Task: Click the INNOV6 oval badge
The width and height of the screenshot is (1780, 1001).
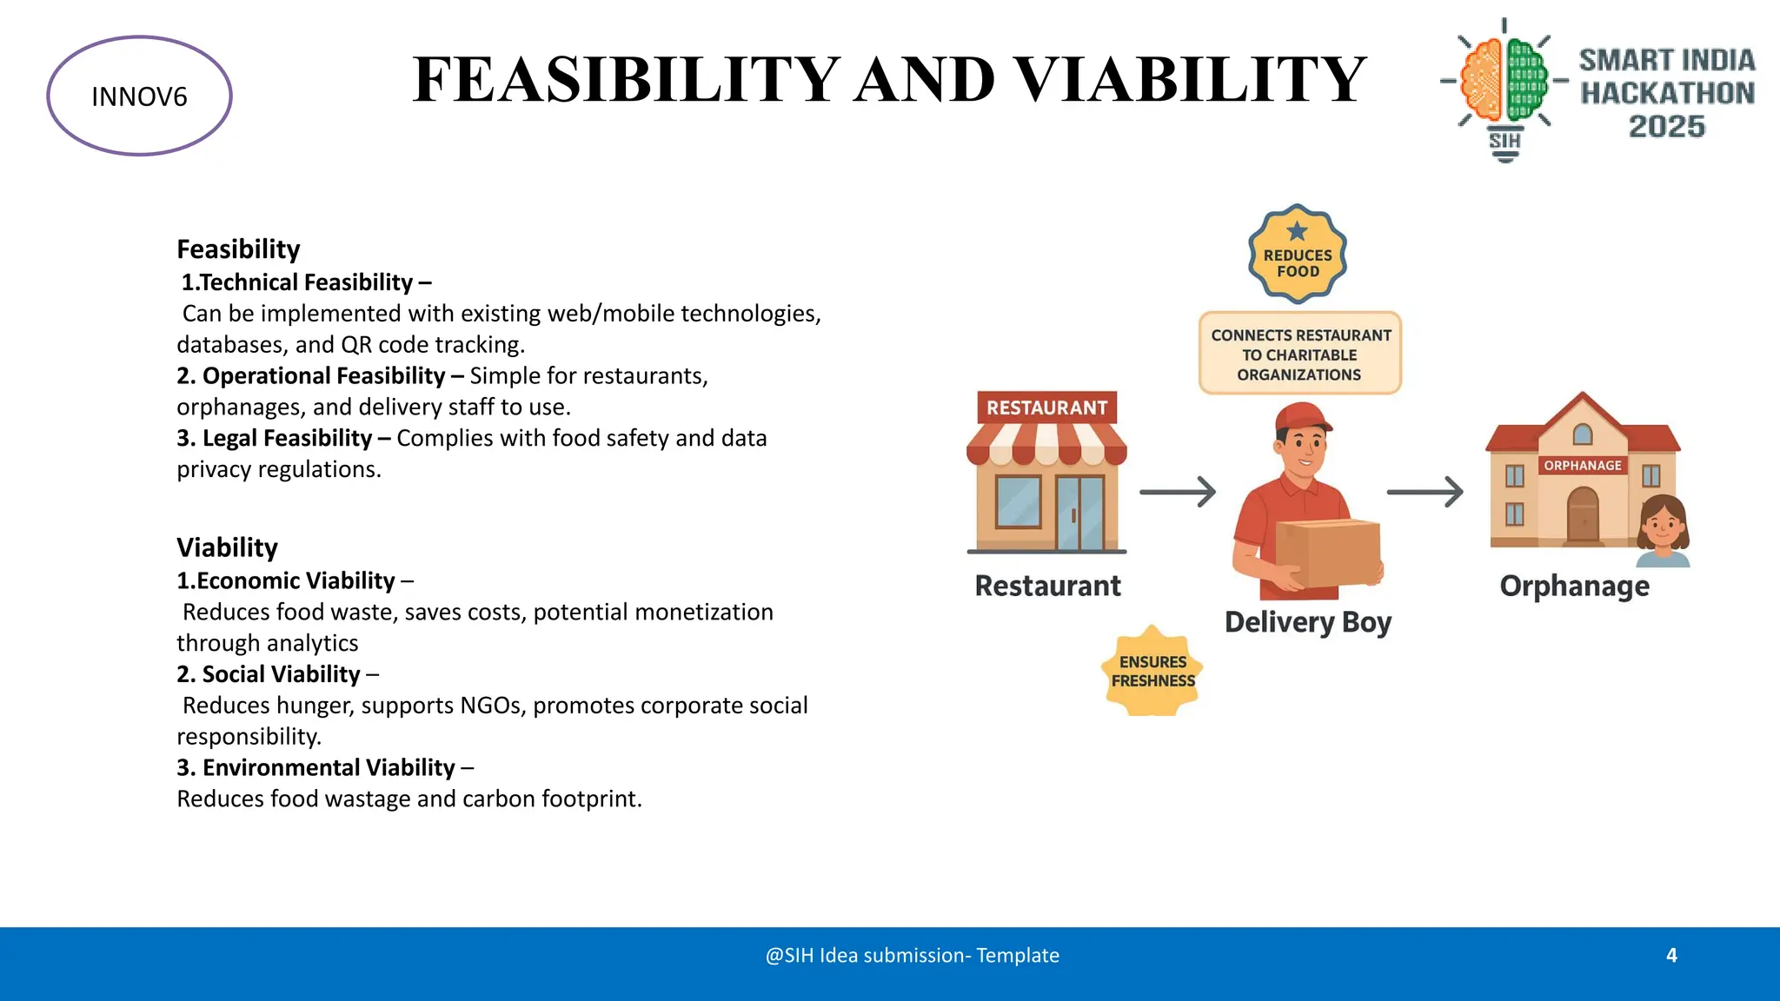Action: coord(139,96)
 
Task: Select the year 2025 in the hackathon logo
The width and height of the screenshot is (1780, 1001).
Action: coord(1666,127)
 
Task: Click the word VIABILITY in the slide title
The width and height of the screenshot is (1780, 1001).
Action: coord(1190,79)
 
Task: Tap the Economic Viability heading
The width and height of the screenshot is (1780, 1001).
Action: coord(287,580)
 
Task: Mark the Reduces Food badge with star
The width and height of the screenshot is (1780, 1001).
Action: coord(1297,255)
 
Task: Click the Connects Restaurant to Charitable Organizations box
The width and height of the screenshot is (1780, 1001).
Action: coord(1300,355)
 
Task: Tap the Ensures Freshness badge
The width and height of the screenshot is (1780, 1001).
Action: coord(1152,672)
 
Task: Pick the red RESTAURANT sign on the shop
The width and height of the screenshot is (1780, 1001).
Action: coord(1046,408)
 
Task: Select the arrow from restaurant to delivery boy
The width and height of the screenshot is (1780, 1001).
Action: coord(1178,492)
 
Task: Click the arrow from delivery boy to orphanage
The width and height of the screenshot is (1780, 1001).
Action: coord(1425,492)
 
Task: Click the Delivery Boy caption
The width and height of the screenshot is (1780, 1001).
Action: coord(1308,622)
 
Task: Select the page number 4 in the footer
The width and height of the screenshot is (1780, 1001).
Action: coord(1671,956)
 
